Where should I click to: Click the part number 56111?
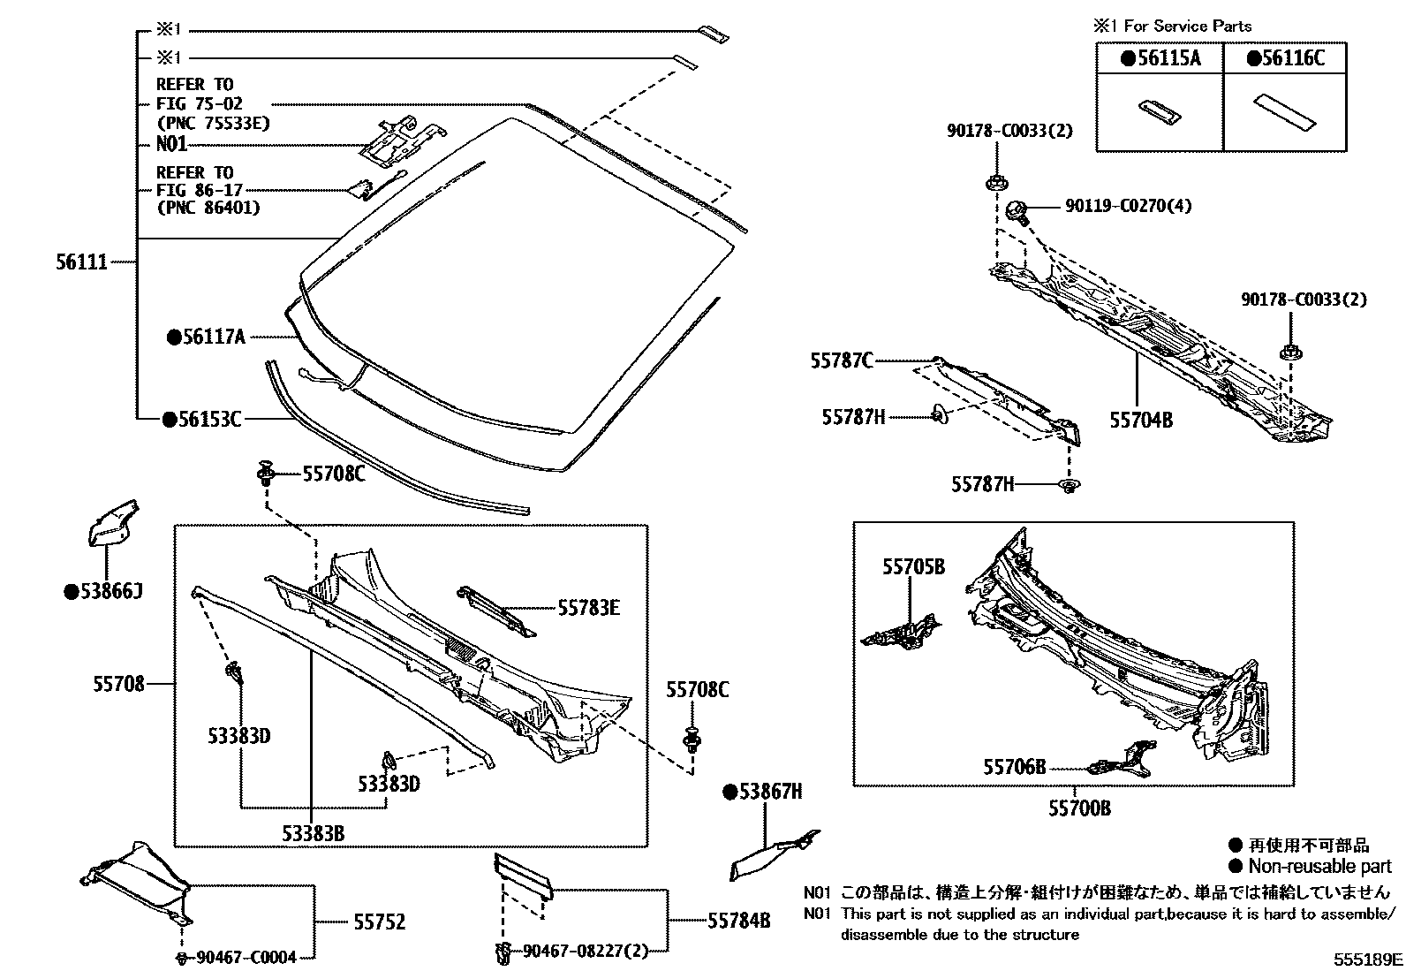pos(81,262)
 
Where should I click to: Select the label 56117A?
pos(213,337)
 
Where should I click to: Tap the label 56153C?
pos(208,420)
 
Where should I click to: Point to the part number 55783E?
pos(588,607)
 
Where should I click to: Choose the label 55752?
pos(379,922)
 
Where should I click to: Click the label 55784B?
pos(738,922)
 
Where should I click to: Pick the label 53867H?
pos(769,792)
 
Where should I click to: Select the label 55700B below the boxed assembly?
pos(1079,808)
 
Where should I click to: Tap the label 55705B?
pos(913,566)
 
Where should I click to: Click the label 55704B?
pos(1141,421)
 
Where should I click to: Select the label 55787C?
pos(842,360)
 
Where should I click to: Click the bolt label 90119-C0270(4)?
pos(1128,206)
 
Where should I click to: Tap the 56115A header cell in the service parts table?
pos(1160,59)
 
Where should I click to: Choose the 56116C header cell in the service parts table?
pos(1285,59)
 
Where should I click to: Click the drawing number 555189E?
pos(1368,959)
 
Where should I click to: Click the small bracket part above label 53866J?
pos(110,523)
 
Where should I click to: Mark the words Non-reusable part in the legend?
pos(1319,866)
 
